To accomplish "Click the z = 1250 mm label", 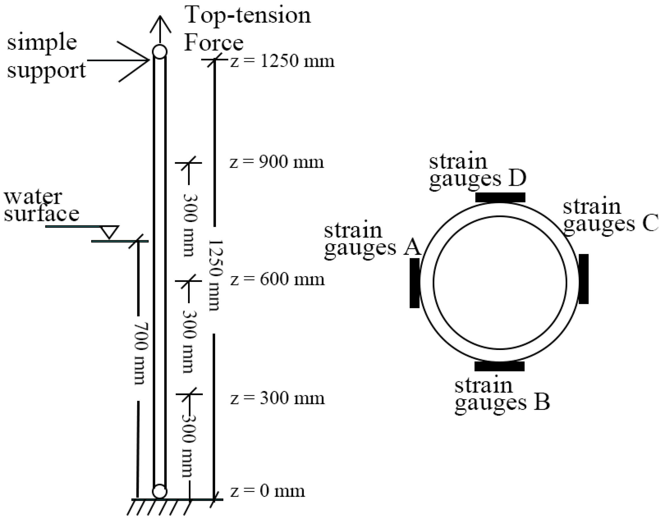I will tap(282, 61).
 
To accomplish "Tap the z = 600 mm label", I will tap(277, 280).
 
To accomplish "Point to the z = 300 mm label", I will tap(277, 398).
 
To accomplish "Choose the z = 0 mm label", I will tap(268, 491).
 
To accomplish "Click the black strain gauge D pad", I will tap(500, 197).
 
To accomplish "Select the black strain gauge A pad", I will tap(415, 283).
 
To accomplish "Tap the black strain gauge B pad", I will tap(499, 366).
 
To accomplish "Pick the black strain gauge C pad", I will tap(584, 279).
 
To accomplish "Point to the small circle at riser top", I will tap(160, 52).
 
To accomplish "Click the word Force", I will tap(213, 43).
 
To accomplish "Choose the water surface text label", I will tap(41, 206).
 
